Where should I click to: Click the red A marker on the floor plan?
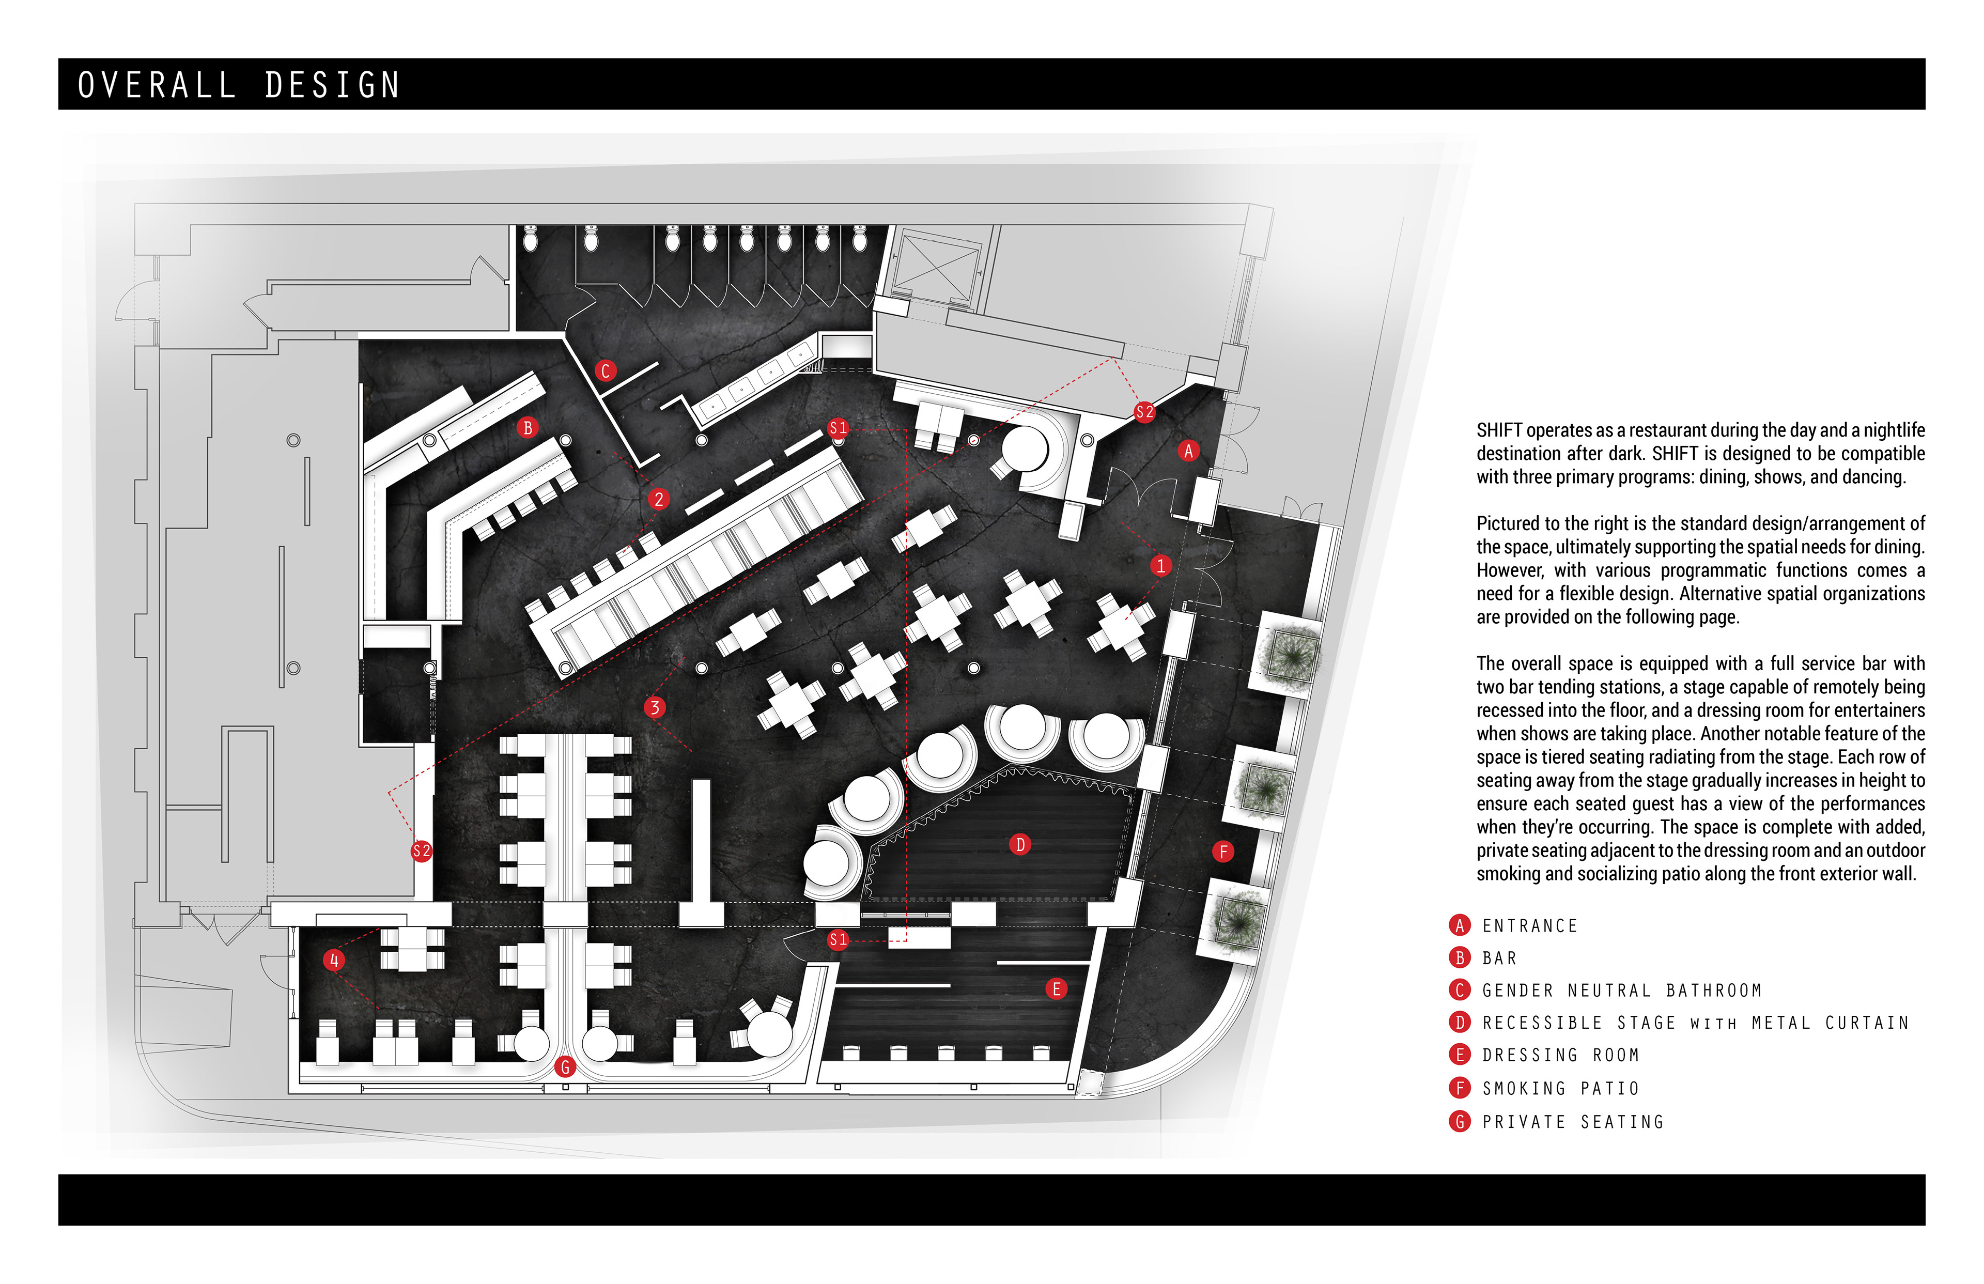[x=1189, y=451]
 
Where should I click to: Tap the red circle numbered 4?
[x=333, y=960]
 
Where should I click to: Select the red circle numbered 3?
[x=655, y=707]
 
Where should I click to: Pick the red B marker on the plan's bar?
[x=527, y=428]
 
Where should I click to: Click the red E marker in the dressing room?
[x=1056, y=989]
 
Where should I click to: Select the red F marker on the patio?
[x=1223, y=852]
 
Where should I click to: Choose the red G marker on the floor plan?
[x=565, y=1066]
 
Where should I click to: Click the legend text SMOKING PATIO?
[x=1560, y=1088]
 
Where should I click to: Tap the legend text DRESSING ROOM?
[x=1560, y=1055]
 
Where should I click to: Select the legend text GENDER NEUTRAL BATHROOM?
[x=1621, y=991]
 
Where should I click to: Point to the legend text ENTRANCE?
[x=1530, y=925]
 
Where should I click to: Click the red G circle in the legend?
[x=1460, y=1121]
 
